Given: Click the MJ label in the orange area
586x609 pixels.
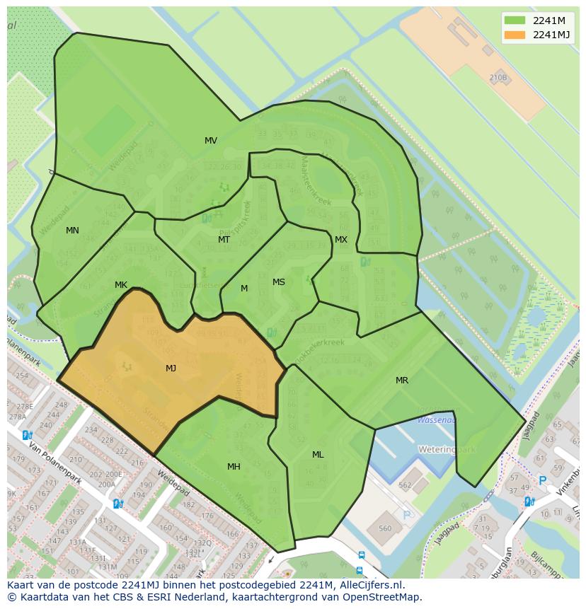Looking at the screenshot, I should tap(171, 368).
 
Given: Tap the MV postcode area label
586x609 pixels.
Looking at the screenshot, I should tap(211, 141).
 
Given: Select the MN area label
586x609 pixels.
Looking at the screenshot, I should tap(72, 231).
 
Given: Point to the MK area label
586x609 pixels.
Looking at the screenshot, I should tap(121, 285).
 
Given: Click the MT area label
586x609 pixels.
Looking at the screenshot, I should tap(224, 240).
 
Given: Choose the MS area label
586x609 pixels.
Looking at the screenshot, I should tap(279, 282).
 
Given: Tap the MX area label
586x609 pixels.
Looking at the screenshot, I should tap(341, 240).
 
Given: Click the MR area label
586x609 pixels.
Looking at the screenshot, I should tap(402, 381).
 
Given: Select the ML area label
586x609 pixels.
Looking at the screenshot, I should tap(318, 455).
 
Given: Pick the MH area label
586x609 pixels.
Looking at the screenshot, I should tap(234, 467).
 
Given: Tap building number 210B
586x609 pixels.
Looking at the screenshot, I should tap(498, 78).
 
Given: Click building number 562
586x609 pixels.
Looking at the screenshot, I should tap(405, 485).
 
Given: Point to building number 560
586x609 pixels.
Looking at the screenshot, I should tap(385, 528).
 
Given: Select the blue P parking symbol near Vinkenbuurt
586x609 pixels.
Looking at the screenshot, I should tap(542, 480).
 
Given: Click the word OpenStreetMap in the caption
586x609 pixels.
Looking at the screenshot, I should tap(383, 597).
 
